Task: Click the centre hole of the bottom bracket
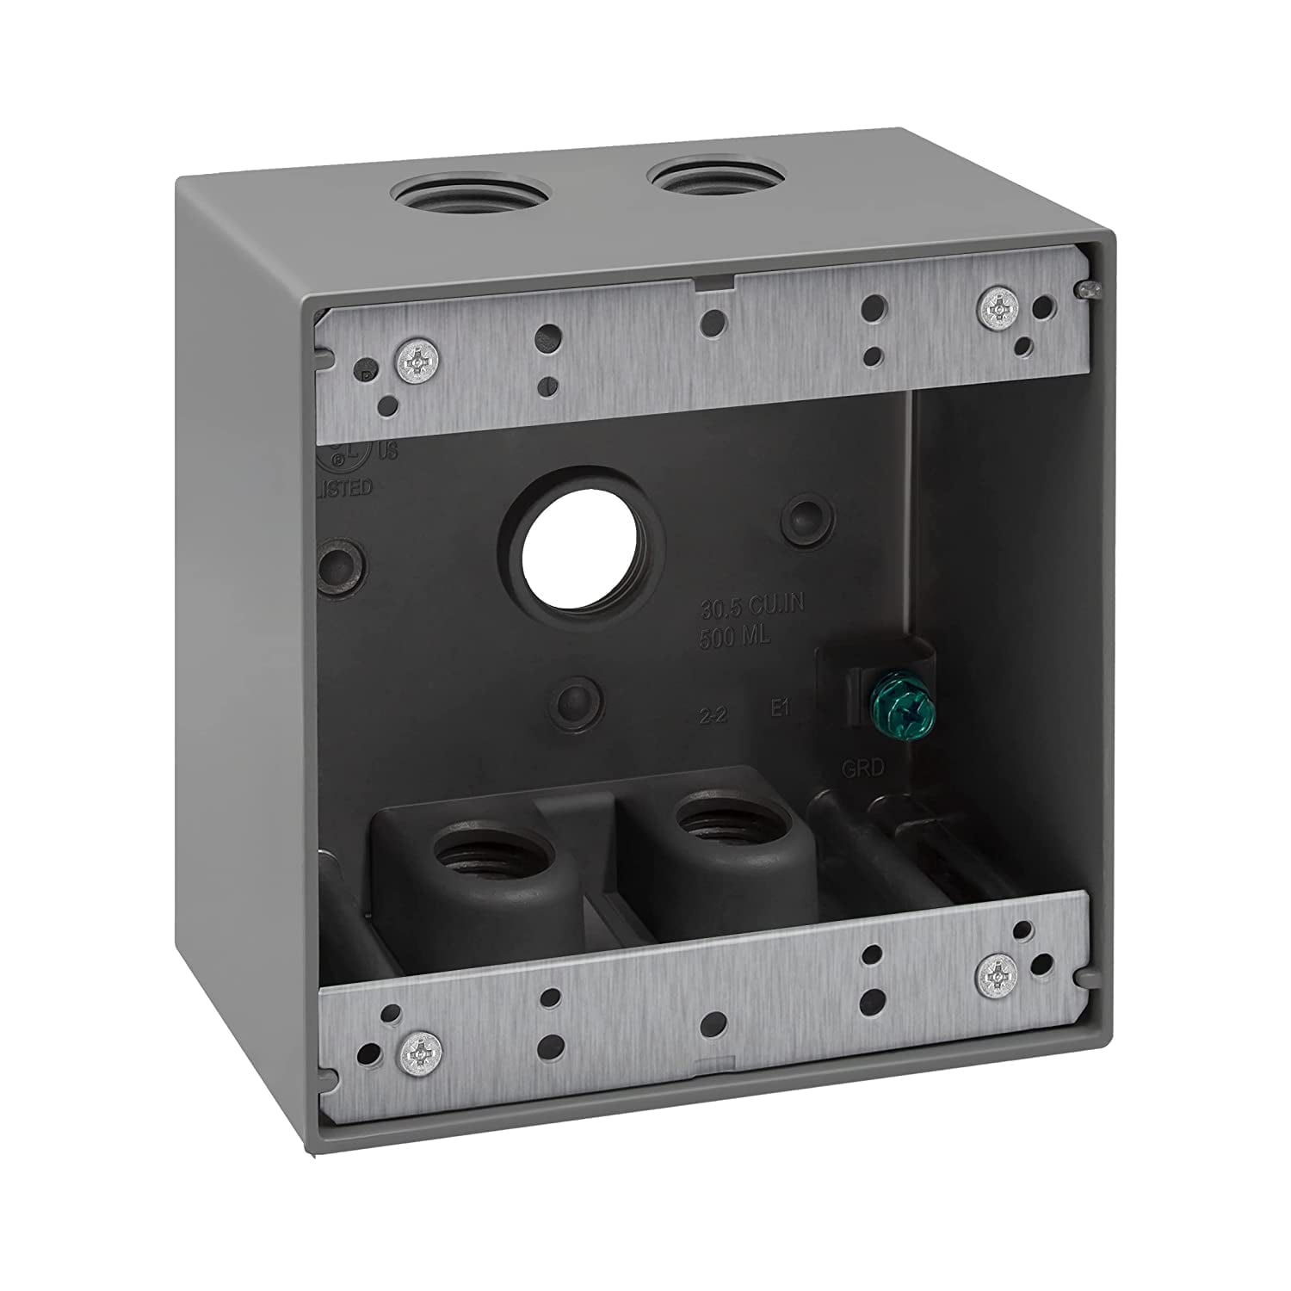[x=710, y=1022]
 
